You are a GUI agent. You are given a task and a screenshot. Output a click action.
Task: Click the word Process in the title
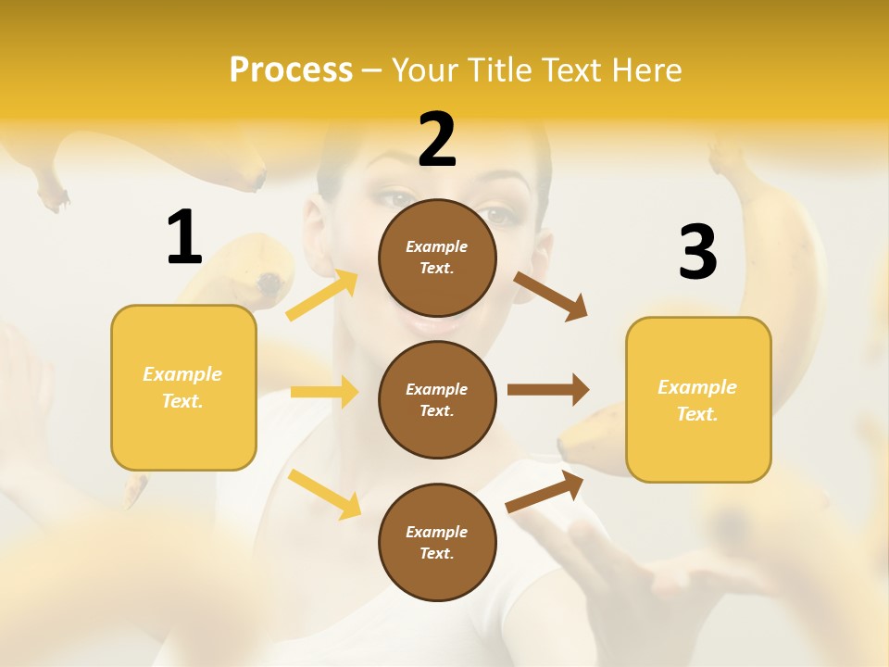click(x=291, y=69)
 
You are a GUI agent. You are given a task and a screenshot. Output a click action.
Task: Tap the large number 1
click(x=184, y=237)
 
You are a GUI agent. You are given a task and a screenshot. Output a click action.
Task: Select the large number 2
click(x=437, y=140)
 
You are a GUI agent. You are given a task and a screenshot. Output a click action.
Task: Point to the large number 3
click(x=697, y=252)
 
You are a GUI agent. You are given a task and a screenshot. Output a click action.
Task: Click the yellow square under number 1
click(x=183, y=387)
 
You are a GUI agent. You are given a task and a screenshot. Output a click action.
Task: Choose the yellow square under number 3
click(x=698, y=399)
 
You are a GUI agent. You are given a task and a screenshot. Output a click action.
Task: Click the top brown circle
click(x=437, y=258)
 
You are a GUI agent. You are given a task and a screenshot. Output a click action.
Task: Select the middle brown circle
click(x=437, y=399)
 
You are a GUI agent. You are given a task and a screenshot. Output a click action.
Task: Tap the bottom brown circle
click(x=437, y=542)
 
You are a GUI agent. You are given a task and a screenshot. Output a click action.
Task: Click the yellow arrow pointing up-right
click(x=322, y=296)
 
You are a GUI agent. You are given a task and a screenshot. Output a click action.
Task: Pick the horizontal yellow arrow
click(x=324, y=392)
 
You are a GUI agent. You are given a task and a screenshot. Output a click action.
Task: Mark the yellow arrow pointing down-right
click(x=324, y=494)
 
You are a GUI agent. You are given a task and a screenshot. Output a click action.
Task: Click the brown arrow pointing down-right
click(x=551, y=296)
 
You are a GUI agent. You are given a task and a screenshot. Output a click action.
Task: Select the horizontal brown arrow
click(x=548, y=389)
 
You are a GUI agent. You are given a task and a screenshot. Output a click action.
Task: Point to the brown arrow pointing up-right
click(x=545, y=491)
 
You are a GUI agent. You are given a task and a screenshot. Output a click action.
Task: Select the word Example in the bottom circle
click(x=437, y=532)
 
